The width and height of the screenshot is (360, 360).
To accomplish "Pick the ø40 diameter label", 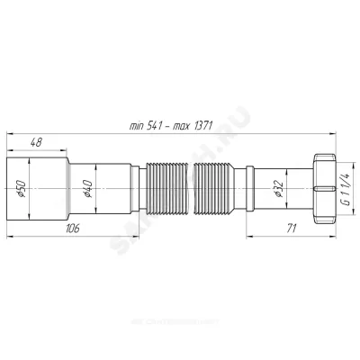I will [87, 191].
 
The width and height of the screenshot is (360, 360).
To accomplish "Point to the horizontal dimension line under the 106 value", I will [54, 238].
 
